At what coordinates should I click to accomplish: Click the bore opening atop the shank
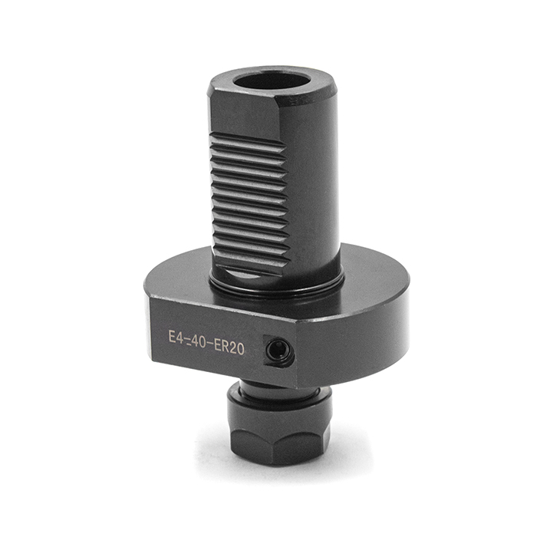click(x=272, y=81)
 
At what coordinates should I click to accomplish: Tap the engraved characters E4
click(x=176, y=337)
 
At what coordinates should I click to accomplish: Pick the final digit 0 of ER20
click(x=240, y=349)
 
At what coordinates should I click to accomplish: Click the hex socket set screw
click(x=278, y=351)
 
